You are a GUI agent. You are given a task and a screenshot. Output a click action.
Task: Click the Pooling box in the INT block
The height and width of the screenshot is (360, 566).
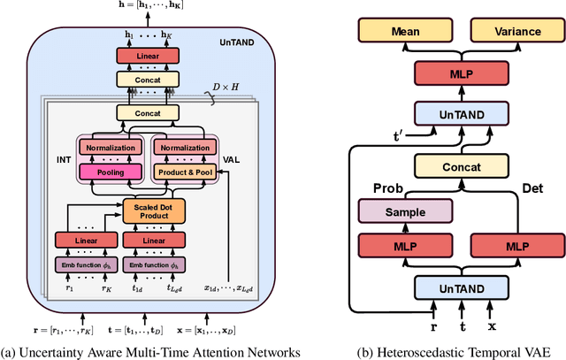[111, 171]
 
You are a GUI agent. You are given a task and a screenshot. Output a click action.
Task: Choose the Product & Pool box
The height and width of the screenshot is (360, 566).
[184, 171]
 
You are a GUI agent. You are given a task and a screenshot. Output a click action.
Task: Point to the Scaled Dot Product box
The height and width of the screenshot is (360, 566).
[147, 211]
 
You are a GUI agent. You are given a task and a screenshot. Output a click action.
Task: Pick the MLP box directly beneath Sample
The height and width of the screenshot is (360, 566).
[405, 247]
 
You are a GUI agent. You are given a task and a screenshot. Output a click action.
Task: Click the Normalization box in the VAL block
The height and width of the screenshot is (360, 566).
[184, 148]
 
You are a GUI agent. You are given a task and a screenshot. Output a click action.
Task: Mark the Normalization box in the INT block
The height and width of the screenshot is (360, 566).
[111, 148]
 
